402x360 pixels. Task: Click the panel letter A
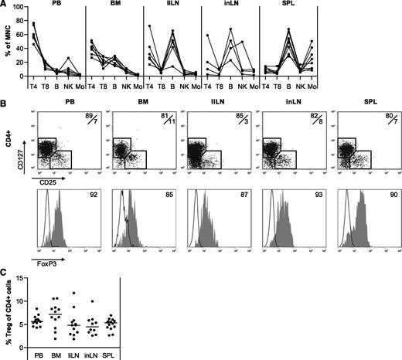[5, 5]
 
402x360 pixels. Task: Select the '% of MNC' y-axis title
[6, 46]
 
